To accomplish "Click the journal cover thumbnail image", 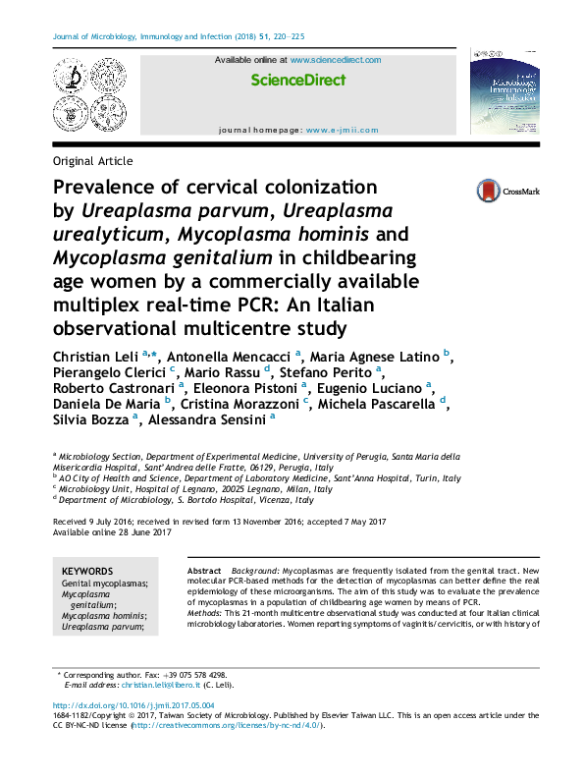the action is [x=504, y=94].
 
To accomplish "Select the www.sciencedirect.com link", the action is [x=335, y=61].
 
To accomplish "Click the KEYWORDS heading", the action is [x=87, y=571].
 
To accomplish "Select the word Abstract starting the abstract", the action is [x=203, y=571].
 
